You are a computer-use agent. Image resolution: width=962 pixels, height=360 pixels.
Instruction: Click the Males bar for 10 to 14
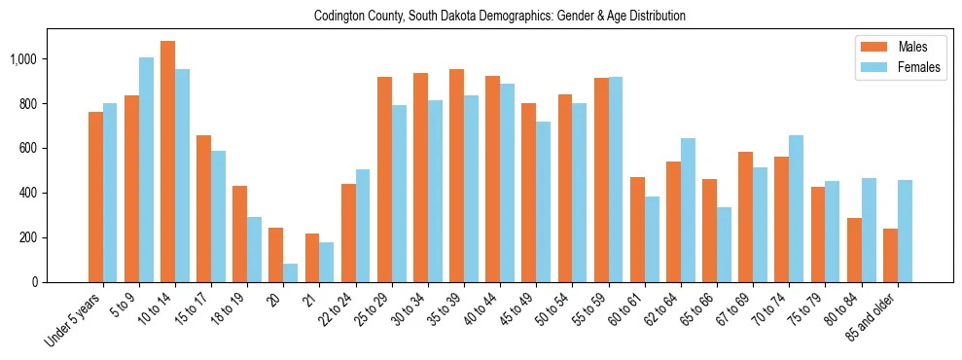pyautogui.click(x=167, y=162)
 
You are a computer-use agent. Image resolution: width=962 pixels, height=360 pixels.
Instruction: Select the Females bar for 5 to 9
pyautogui.click(x=146, y=169)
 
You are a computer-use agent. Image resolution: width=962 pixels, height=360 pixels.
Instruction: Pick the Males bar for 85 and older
pyautogui.click(x=890, y=255)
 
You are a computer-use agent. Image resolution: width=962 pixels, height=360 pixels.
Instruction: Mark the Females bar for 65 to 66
pyautogui.click(x=724, y=244)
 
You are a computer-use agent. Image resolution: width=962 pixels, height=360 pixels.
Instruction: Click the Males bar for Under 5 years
pyautogui.click(x=95, y=197)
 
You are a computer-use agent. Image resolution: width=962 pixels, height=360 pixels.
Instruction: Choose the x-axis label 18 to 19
pyautogui.click(x=229, y=310)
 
